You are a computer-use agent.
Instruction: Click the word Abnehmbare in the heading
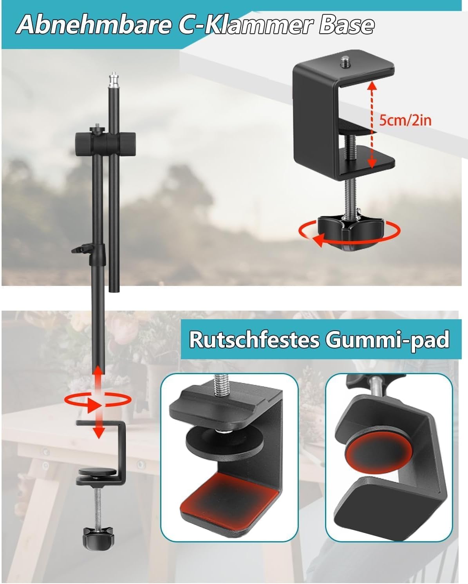pos(94,25)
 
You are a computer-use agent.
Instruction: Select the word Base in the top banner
pos(347,25)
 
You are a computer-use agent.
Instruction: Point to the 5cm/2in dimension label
pos(405,120)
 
